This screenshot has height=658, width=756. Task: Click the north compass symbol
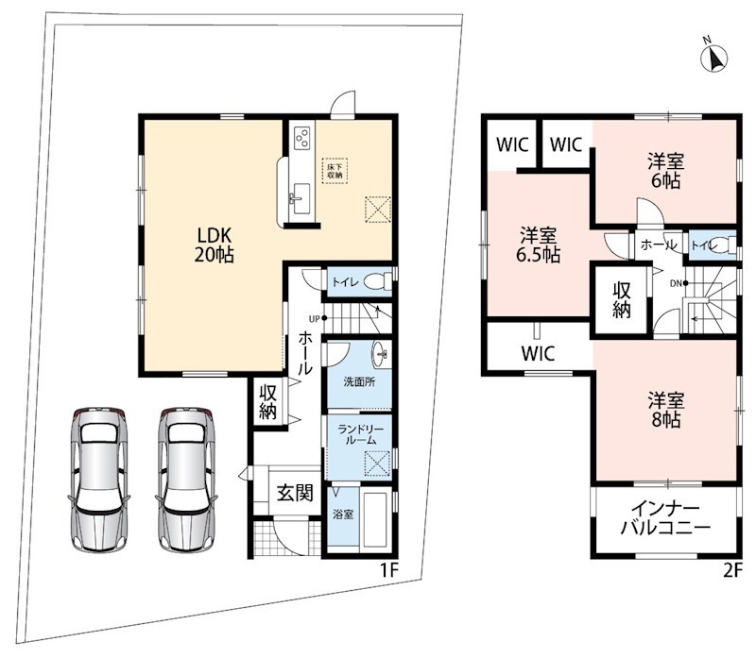(x=713, y=57)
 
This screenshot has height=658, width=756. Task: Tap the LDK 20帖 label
(x=215, y=245)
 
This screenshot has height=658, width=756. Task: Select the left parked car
(x=99, y=480)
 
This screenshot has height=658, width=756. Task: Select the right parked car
(x=186, y=480)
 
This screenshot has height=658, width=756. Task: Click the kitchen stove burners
(x=302, y=136)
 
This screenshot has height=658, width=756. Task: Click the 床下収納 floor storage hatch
(x=335, y=171)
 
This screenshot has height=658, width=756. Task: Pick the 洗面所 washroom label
(x=360, y=382)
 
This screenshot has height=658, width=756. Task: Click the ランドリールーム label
(x=361, y=434)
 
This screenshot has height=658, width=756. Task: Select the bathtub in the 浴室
(x=376, y=519)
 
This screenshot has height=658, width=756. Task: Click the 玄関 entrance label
(x=295, y=493)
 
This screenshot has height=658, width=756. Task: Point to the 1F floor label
(x=388, y=570)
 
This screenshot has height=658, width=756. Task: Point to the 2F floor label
(x=731, y=570)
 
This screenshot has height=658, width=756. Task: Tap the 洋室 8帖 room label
(x=666, y=410)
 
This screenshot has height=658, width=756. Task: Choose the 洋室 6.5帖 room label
(x=538, y=245)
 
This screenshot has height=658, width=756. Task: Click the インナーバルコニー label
(x=665, y=518)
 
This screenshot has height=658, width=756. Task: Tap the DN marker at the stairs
(x=676, y=284)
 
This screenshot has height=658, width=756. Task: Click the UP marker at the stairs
(x=315, y=318)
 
